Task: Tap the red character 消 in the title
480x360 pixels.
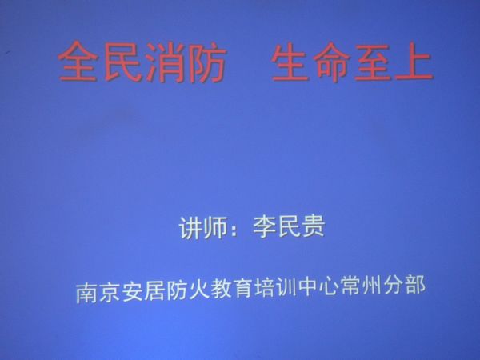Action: (166, 62)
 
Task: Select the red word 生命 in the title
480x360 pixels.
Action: (310, 62)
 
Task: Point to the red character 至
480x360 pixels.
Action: (373, 62)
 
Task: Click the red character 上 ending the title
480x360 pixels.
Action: (414, 62)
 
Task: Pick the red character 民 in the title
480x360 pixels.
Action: (122, 62)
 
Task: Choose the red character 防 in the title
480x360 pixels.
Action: (208, 62)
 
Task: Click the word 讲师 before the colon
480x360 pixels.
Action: (203, 228)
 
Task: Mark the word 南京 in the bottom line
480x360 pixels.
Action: (98, 291)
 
